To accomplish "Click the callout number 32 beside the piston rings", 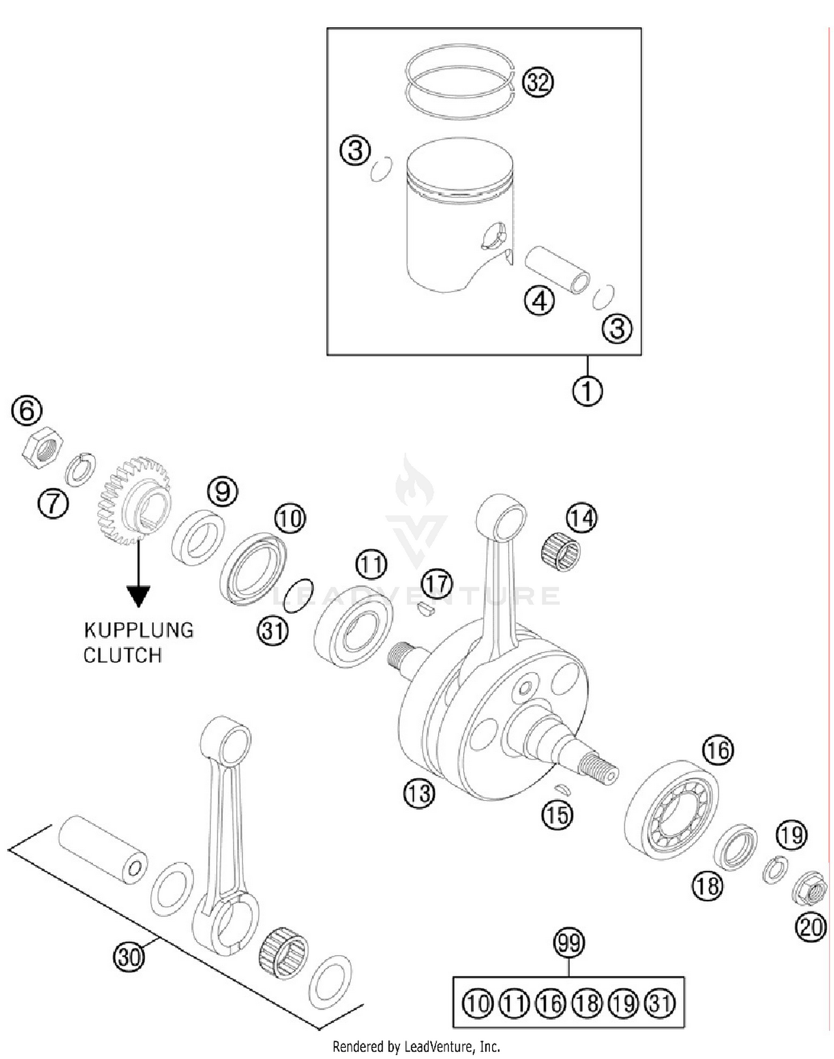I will point(537,82).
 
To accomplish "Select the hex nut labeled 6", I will point(43,447).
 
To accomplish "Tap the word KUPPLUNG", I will point(138,630).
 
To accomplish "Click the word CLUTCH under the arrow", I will point(122,655).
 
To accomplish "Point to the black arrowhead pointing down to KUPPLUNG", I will point(138,596).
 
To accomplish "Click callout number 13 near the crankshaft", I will point(418,793).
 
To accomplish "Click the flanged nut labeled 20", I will point(808,888).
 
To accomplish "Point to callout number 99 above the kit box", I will point(568,943).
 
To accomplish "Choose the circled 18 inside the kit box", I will point(587,1003).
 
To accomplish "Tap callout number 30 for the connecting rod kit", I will point(129,957).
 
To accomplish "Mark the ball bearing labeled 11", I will point(353,626).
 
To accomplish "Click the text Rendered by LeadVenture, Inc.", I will point(416,1047).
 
